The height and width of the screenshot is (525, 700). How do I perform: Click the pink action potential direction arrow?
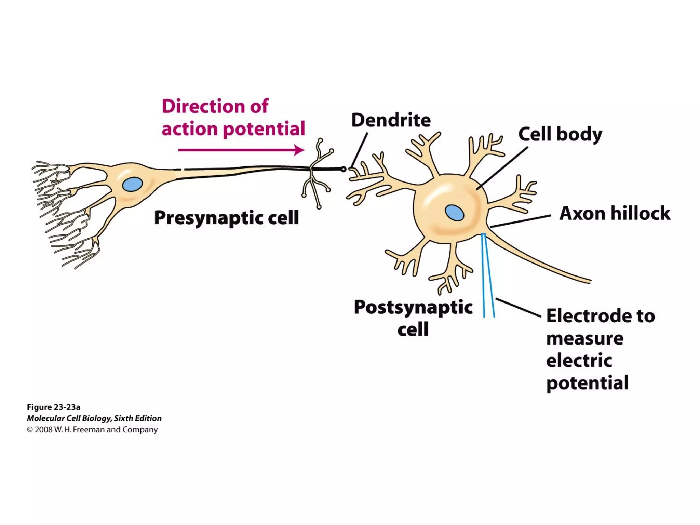(241, 150)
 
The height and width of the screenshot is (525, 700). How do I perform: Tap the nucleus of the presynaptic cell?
(133, 185)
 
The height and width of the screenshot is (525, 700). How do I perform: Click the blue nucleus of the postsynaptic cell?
(455, 213)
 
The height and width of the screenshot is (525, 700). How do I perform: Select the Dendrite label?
(391, 120)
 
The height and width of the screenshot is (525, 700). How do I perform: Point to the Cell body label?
(560, 134)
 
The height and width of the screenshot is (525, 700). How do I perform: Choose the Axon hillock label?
(615, 213)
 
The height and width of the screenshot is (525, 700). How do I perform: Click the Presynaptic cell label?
(226, 217)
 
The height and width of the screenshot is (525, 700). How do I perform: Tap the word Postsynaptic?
(413, 307)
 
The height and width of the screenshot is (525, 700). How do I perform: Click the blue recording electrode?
(488, 277)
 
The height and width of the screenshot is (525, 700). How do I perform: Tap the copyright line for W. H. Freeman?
(92, 430)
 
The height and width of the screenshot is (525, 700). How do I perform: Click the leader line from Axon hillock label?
(521, 221)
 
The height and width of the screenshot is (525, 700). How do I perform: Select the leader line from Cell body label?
(502, 168)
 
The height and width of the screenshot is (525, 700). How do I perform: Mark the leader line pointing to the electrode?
(518, 308)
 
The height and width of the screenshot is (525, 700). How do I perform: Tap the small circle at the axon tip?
(344, 169)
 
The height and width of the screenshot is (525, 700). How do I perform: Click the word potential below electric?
(587, 383)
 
